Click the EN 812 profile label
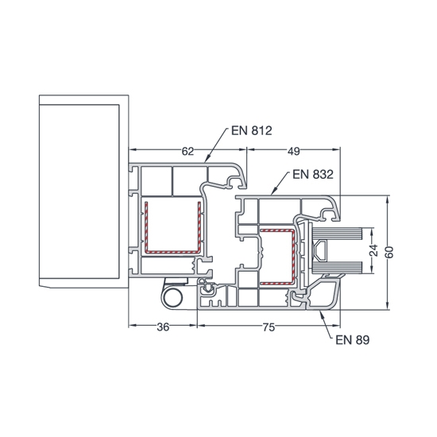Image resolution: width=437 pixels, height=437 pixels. (x=251, y=131)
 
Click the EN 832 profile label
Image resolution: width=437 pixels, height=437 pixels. (x=313, y=175)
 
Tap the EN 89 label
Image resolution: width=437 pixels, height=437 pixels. (x=353, y=340)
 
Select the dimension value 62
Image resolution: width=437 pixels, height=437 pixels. (x=188, y=151)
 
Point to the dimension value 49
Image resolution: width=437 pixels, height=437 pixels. (x=294, y=151)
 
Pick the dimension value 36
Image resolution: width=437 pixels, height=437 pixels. (x=163, y=327)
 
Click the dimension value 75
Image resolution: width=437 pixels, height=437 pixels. (x=269, y=327)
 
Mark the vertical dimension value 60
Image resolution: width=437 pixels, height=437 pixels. (x=390, y=252)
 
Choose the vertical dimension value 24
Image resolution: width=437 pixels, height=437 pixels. (x=374, y=250)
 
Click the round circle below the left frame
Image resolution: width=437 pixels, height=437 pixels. (x=172, y=298)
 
